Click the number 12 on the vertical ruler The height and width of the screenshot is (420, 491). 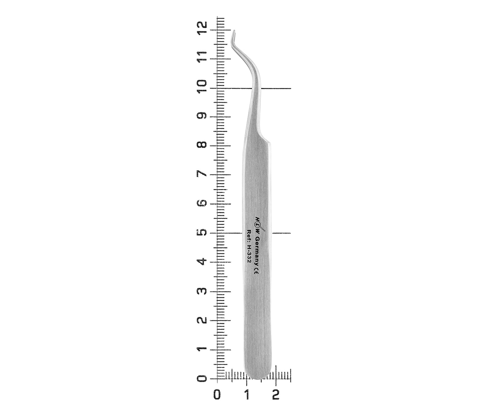point(203,28)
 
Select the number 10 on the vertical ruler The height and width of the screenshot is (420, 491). point(203,87)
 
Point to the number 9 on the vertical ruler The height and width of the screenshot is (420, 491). point(203,116)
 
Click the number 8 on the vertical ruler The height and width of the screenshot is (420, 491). point(203,145)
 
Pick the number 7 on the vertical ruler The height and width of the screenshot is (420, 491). point(203,174)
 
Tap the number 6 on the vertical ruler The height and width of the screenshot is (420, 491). point(203,203)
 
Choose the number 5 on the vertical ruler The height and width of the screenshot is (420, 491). point(203,233)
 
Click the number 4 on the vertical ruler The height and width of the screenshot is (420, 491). point(203,262)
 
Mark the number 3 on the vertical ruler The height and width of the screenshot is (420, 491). point(203,291)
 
